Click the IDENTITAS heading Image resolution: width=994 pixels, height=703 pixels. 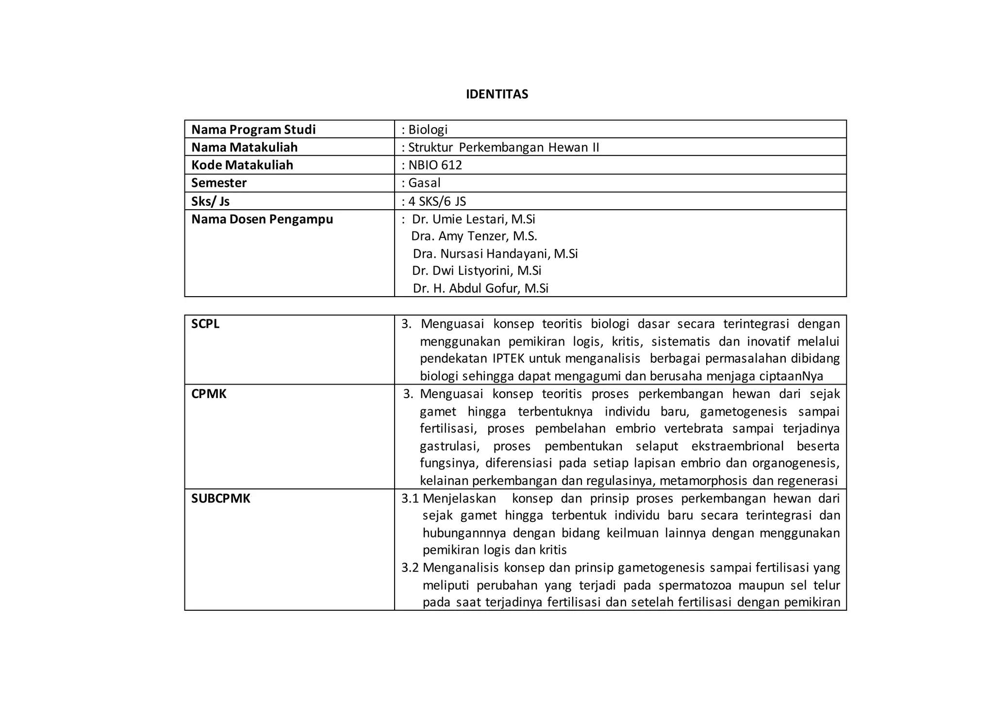497,94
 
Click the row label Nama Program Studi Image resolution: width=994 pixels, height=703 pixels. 253,130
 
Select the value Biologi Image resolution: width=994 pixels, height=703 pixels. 428,130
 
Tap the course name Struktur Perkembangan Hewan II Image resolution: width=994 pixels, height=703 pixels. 503,147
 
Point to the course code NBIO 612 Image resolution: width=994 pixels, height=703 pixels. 435,165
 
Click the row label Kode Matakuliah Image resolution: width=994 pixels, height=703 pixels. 242,165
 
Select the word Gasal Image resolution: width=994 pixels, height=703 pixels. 424,183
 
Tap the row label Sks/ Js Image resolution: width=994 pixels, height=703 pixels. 210,201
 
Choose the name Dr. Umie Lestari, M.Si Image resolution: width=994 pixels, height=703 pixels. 473,219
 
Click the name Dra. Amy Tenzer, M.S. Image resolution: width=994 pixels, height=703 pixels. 474,236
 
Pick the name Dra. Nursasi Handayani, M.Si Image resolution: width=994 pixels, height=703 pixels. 495,254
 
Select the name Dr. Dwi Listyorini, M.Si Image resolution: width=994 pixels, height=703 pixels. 477,270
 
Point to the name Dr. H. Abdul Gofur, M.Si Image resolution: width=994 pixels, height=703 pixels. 480,288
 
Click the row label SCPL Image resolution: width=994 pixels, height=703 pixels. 205,324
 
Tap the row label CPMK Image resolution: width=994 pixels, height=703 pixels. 209,394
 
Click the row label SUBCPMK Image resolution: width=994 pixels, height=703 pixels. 221,499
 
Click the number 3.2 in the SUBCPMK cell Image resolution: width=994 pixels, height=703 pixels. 410,568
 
